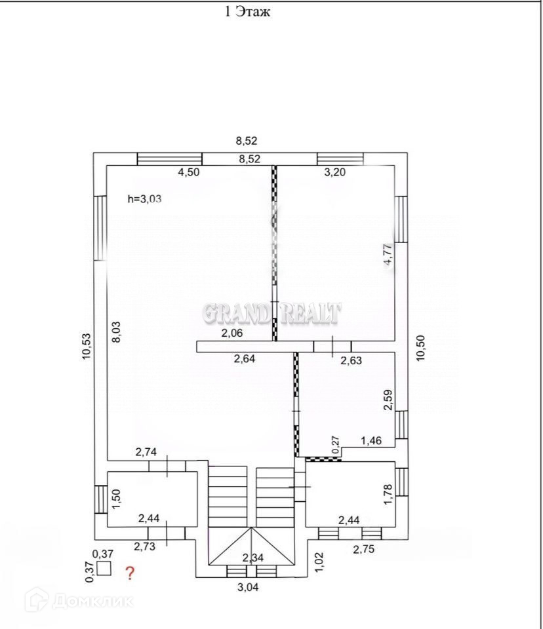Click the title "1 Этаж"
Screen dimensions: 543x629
tap(248, 12)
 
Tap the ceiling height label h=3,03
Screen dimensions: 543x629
tap(144, 200)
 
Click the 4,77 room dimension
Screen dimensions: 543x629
tap(389, 254)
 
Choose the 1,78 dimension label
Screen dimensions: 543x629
tap(388, 494)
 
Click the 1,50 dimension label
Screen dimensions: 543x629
tap(116, 499)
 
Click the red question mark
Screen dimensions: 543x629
tap(130, 574)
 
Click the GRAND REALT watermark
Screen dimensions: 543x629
tap(271, 313)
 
